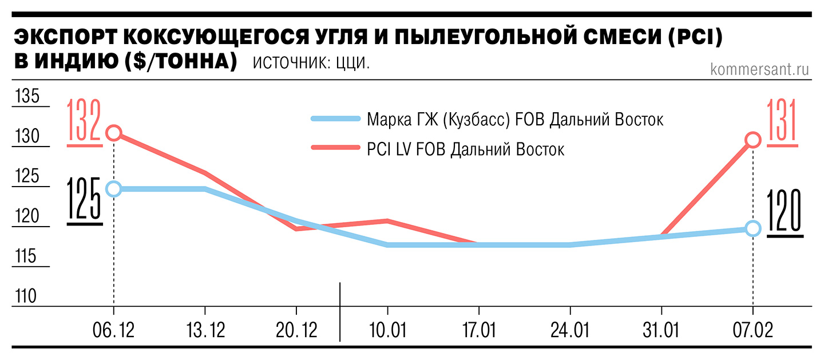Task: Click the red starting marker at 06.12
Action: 114,133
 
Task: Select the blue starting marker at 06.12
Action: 114,189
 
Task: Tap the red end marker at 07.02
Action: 753,140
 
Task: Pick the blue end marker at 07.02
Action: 753,228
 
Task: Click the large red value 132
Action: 84,121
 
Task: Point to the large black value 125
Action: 84,200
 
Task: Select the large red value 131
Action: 784,121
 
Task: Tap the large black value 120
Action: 785,212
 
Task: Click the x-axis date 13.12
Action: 205,330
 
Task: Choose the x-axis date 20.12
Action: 296,330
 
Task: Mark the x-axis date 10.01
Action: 387,330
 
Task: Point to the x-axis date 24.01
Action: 570,330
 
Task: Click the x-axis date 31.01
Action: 661,330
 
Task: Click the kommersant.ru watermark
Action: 759,69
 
